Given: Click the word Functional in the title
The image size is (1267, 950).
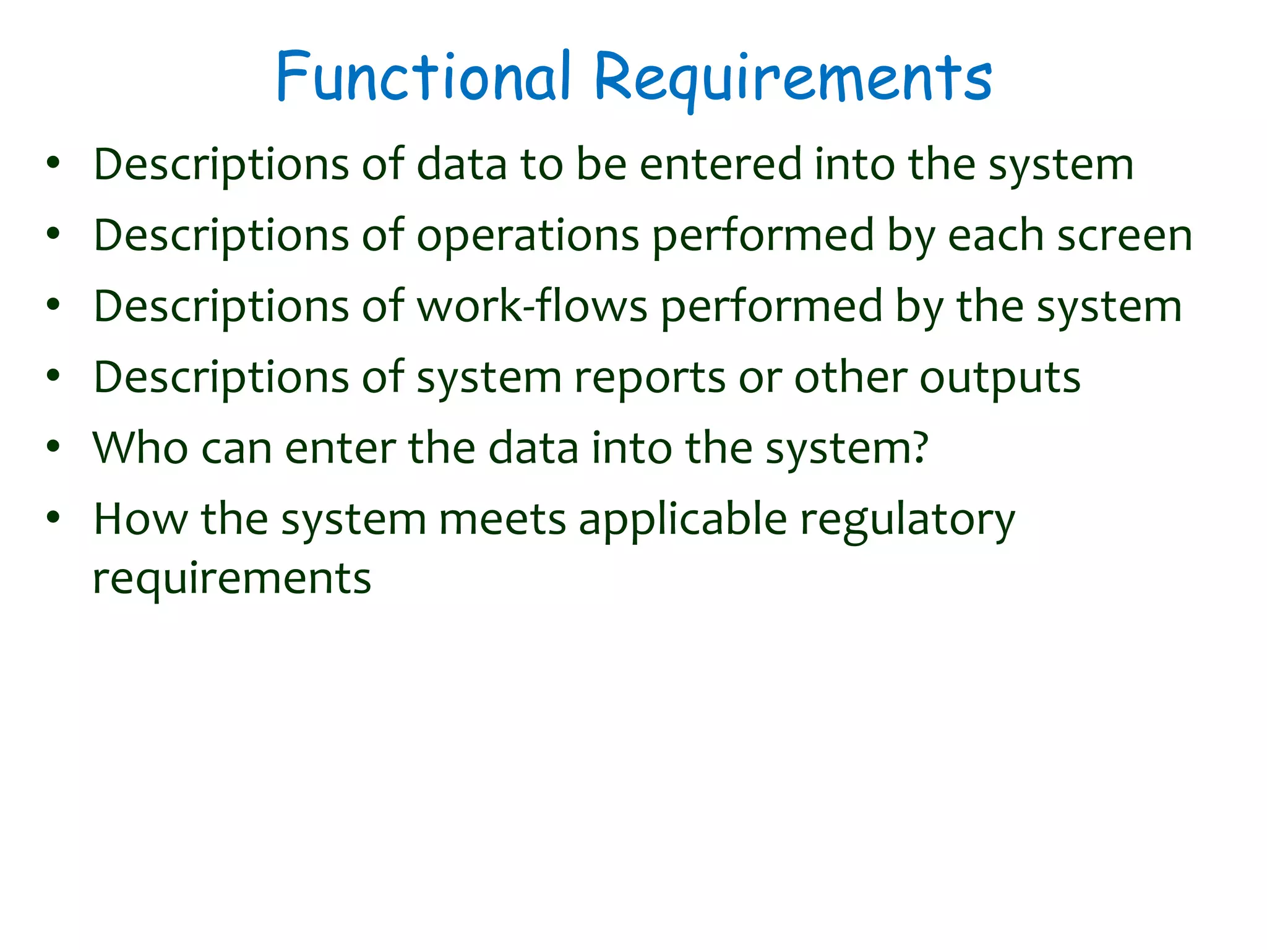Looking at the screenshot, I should [422, 77].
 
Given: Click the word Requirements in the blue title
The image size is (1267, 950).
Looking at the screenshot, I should [792, 79].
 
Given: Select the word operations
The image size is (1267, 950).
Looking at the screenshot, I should [528, 236].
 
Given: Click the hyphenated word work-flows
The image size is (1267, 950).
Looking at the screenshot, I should [532, 307].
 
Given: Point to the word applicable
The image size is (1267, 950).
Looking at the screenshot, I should [682, 520].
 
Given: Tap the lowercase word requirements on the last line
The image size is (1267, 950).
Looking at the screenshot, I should [232, 580].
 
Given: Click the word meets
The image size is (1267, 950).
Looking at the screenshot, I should [502, 520].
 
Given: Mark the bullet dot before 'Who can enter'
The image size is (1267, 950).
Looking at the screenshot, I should [53, 447].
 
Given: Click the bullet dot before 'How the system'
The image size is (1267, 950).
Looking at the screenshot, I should [53, 518].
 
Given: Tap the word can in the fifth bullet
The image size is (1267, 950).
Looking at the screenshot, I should [236, 449].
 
